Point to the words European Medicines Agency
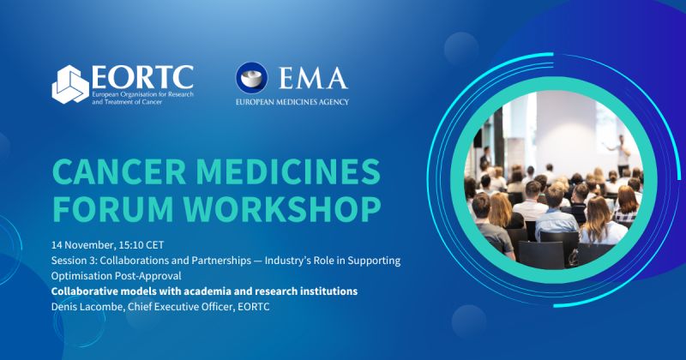(292, 101)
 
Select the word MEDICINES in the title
(286, 172)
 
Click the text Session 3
(78, 260)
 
